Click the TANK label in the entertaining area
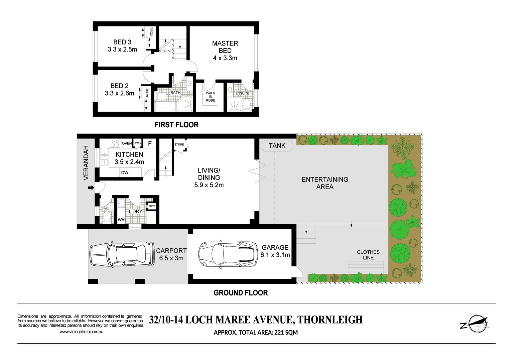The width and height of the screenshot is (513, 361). (277, 146)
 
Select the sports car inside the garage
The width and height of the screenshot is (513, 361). (228, 254)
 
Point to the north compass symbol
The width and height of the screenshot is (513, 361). (475, 324)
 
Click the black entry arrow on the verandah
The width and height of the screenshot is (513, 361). (91, 188)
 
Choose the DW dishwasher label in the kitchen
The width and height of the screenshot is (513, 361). (125, 173)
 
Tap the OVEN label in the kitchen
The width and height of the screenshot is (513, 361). (127, 143)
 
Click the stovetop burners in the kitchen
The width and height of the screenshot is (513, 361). (115, 143)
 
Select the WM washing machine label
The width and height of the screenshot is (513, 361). (121, 220)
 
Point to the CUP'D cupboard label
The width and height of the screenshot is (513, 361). (152, 206)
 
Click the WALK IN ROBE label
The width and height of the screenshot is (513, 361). (210, 97)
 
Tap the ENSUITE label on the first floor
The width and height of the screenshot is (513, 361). (242, 93)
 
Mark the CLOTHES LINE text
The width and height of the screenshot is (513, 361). (368, 255)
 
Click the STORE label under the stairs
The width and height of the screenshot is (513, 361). (179, 145)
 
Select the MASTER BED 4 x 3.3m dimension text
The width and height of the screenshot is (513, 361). (225, 58)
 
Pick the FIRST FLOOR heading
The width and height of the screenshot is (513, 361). (176, 125)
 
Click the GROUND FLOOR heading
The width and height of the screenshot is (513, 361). (241, 293)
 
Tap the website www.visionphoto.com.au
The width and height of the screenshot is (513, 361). (82, 332)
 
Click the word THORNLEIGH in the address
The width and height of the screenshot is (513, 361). (330, 320)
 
